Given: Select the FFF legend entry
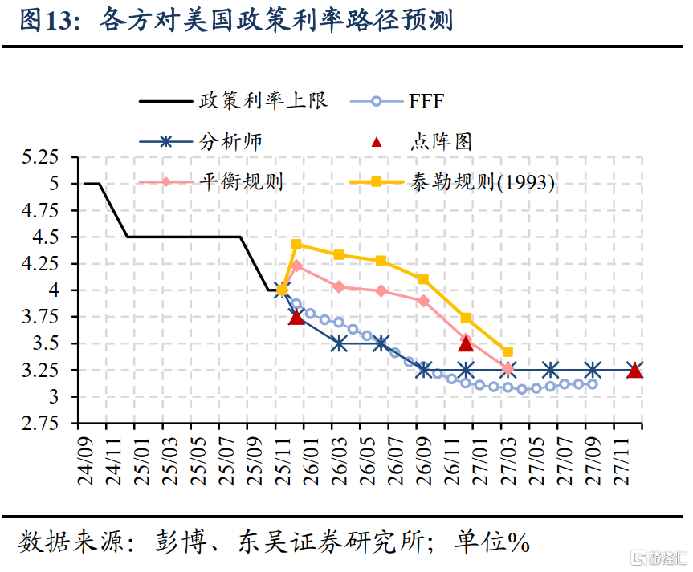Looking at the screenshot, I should [x=426, y=102].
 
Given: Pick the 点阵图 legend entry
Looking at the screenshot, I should [x=441, y=142].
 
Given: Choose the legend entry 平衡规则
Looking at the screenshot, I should [x=241, y=181].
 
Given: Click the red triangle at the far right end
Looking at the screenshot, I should [x=634, y=370].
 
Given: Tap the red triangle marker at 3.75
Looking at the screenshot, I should [x=296, y=317].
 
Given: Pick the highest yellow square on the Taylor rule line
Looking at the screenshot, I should [x=296, y=244].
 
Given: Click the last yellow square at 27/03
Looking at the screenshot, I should [x=508, y=351].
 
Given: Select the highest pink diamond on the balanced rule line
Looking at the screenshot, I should [x=296, y=266].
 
